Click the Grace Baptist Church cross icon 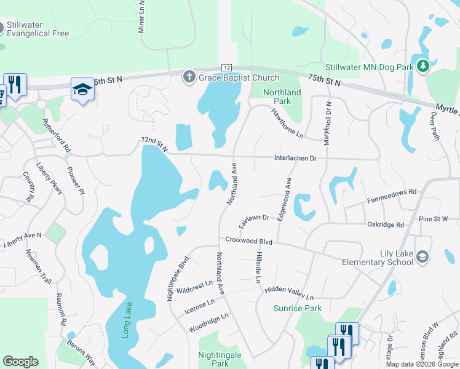[189, 77]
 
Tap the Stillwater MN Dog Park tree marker [422, 65]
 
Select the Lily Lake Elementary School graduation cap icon [422, 256]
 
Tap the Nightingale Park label [214, 359]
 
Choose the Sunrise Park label [298, 308]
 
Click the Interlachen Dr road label [295, 158]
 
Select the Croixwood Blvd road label [248, 242]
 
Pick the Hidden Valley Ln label [289, 293]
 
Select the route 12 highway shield [226, 67]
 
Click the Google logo [20, 362]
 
